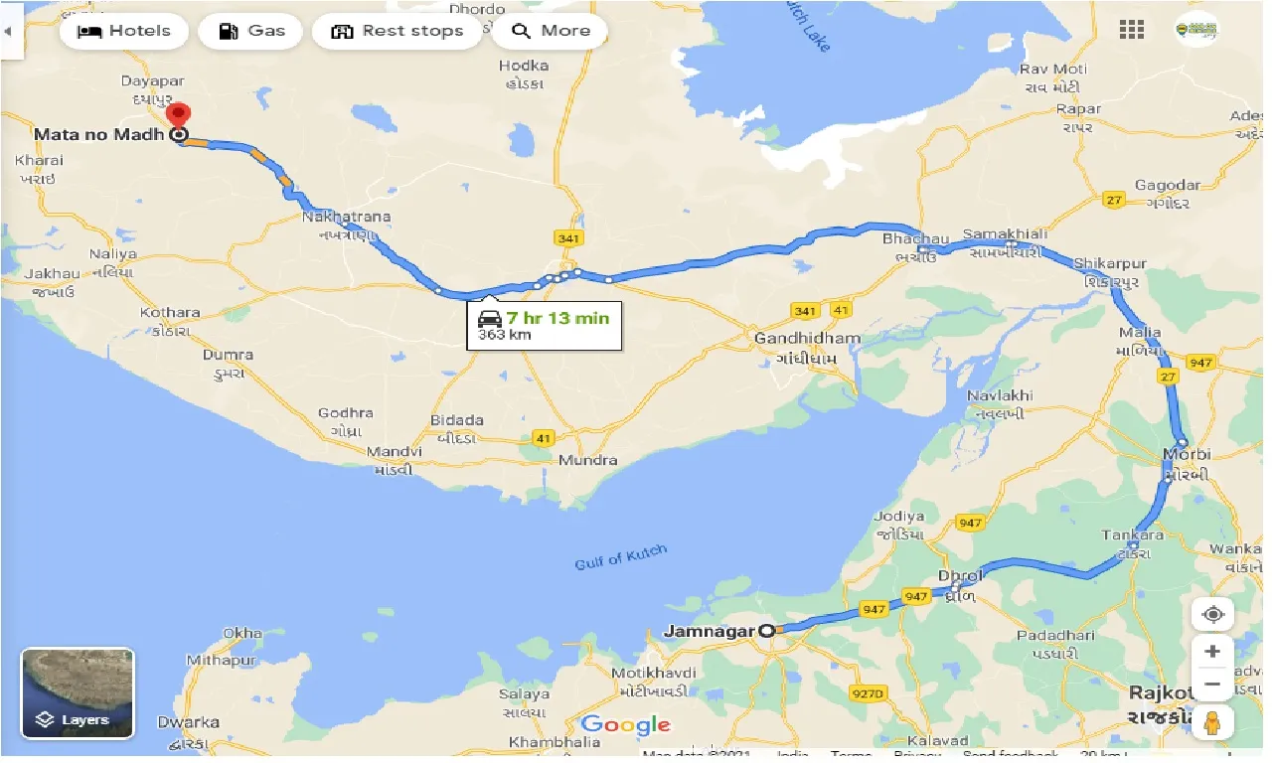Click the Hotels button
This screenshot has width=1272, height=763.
pyautogui.click(x=123, y=31)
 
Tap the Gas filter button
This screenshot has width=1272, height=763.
pyautogui.click(x=250, y=31)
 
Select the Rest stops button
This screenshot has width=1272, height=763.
pyautogui.click(x=397, y=31)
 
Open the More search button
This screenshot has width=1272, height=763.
pyautogui.click(x=550, y=31)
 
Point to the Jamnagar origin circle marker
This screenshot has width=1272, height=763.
pyautogui.click(x=766, y=630)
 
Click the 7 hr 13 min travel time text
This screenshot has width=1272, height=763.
pyautogui.click(x=556, y=318)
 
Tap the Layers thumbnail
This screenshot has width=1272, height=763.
pyautogui.click(x=78, y=693)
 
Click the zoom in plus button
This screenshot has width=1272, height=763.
pyautogui.click(x=1212, y=652)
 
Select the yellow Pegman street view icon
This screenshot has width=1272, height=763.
pyautogui.click(x=1212, y=723)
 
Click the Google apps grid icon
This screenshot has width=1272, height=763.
pyautogui.click(x=1132, y=30)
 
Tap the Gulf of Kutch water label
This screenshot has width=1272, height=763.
pyautogui.click(x=621, y=558)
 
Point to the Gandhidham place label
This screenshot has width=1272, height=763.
pyautogui.click(x=807, y=338)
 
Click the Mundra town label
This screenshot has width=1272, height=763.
pyautogui.click(x=587, y=460)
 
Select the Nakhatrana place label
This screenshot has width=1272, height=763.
pyautogui.click(x=347, y=217)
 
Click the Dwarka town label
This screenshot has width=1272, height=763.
pyautogui.click(x=188, y=722)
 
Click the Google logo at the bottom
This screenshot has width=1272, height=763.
pyautogui.click(x=626, y=725)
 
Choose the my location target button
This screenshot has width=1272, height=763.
pyautogui.click(x=1212, y=614)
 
